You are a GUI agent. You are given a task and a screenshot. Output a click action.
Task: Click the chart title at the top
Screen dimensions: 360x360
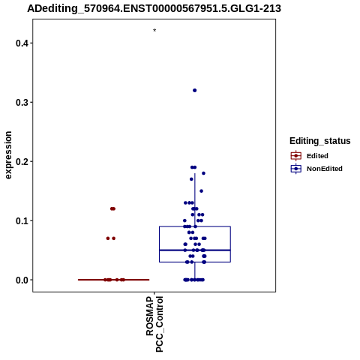(154, 8)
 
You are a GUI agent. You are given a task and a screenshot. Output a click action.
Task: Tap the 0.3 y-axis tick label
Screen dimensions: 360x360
(21, 102)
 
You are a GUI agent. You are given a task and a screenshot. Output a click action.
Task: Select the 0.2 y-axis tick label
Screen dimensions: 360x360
(21, 161)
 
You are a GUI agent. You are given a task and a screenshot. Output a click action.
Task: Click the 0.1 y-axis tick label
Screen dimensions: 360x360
(21, 220)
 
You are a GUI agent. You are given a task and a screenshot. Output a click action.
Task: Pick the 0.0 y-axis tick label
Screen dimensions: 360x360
(21, 280)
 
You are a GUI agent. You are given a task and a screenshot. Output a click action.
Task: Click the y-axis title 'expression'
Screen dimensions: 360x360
(8, 155)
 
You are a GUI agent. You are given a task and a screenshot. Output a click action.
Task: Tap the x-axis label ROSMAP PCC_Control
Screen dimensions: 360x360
(154, 324)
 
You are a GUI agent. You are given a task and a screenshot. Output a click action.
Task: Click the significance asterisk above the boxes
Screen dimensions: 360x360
(154, 30)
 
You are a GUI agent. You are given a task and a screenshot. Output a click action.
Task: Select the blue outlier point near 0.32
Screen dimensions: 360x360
(194, 90)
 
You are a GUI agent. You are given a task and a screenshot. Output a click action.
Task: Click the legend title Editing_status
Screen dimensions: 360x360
(320, 141)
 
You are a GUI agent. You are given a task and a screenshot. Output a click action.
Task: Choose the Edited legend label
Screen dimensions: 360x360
(317, 156)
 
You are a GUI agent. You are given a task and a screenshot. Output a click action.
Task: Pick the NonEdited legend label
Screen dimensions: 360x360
(325, 169)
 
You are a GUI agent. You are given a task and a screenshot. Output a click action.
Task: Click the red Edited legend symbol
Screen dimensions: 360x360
(296, 156)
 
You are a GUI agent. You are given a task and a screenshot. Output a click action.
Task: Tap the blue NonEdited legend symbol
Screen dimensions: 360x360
(296, 169)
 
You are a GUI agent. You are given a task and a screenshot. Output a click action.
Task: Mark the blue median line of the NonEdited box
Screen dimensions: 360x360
(195, 250)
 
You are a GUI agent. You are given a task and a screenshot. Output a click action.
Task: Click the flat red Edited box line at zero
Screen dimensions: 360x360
(114, 280)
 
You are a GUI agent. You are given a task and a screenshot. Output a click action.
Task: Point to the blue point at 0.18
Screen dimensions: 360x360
(203, 173)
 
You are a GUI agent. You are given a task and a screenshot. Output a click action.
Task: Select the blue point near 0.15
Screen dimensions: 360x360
(201, 191)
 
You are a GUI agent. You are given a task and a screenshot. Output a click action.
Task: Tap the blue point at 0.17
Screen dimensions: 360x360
(191, 179)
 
